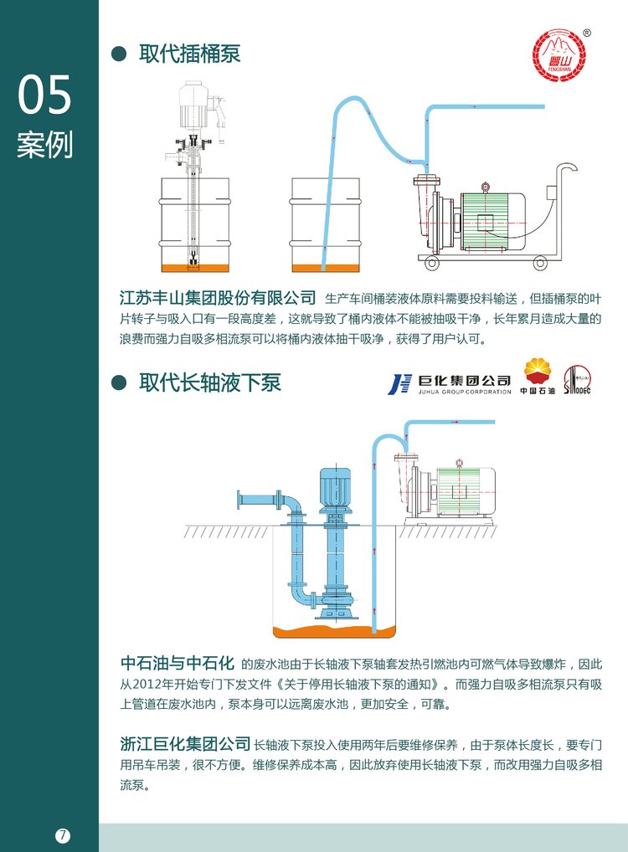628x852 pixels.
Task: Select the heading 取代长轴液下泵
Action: (210, 383)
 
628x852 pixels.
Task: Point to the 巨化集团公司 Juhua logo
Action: (449, 383)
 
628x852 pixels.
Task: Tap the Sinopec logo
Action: (577, 380)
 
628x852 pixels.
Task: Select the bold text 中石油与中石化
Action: (177, 664)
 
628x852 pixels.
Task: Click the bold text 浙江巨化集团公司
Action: (185, 743)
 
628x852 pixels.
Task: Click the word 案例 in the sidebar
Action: (45, 144)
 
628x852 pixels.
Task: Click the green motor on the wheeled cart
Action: (490, 219)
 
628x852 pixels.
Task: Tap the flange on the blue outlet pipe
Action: (241, 501)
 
